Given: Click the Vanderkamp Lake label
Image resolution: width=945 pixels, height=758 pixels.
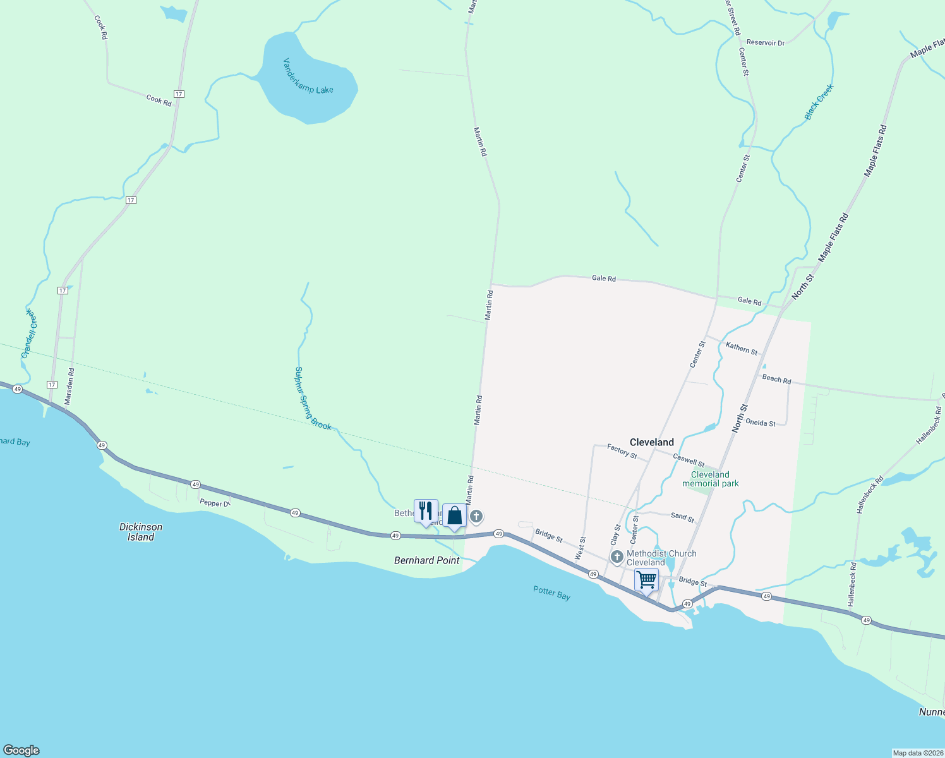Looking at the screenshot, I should (308, 76).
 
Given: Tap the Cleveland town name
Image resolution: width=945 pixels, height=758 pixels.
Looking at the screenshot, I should (651, 442).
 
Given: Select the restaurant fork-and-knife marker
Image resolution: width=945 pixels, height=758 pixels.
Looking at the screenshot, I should (426, 511).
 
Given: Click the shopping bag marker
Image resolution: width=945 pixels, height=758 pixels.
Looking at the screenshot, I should (454, 516).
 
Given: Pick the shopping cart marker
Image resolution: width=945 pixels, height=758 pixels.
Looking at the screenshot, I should (646, 579).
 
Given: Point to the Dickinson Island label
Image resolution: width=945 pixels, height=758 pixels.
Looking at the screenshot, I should (141, 532).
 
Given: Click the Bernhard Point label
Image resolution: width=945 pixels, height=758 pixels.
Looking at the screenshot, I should (426, 560).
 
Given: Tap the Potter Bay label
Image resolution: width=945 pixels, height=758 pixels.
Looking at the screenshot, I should (551, 593).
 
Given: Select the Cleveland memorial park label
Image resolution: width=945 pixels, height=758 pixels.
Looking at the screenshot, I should (710, 479).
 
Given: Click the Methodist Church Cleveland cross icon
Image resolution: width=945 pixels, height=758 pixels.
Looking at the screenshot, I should (617, 557).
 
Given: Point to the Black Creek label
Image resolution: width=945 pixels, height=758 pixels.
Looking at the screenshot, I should (819, 102).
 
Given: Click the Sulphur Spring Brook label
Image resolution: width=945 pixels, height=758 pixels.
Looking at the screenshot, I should (313, 399).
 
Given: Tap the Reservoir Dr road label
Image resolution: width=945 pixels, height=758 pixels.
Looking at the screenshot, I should (765, 43).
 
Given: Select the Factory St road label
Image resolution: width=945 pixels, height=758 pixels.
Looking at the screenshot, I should (622, 451).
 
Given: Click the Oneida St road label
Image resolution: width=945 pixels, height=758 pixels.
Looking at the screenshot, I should (760, 423).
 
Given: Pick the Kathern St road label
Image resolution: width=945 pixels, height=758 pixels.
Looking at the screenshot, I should (741, 347).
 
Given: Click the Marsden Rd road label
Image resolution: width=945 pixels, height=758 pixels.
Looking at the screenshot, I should (70, 386).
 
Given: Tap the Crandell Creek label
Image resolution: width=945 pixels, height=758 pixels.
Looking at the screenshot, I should (29, 334).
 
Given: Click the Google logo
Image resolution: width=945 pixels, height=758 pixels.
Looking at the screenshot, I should (21, 750).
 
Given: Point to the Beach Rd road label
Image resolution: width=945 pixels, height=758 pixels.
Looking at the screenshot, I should (776, 379).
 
